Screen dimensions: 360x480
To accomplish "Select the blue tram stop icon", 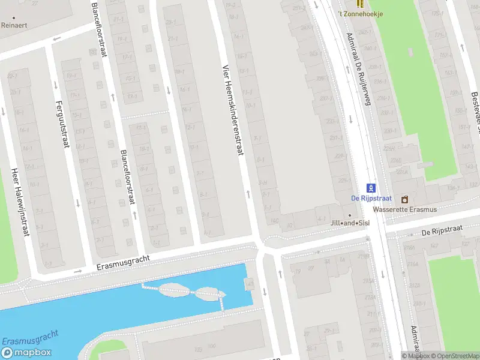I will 370,188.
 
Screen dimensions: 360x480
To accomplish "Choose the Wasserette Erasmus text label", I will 404,209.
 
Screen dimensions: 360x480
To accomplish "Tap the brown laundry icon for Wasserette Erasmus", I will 404,199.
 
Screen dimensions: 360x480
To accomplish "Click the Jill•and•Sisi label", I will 350,223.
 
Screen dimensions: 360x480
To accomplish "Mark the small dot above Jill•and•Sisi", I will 350,215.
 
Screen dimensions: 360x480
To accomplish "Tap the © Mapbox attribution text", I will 415,356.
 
